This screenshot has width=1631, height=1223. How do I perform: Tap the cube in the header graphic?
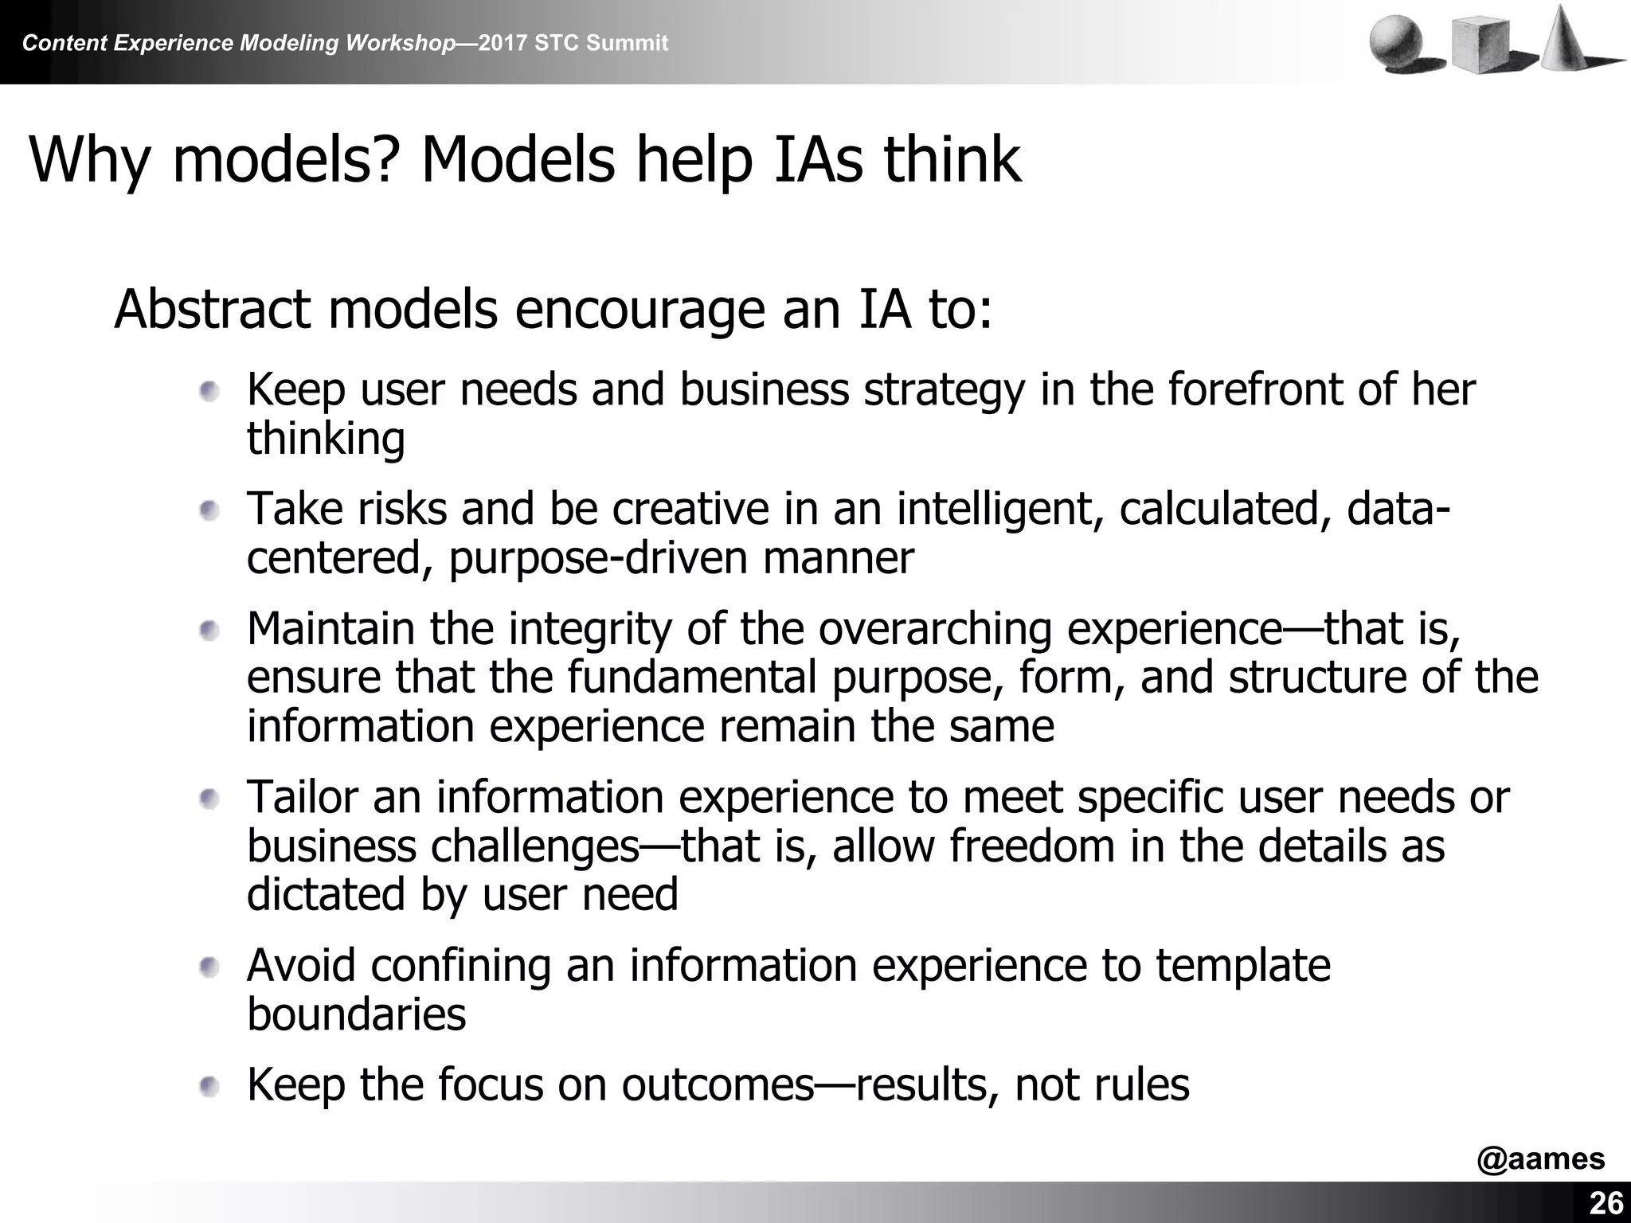(1480, 46)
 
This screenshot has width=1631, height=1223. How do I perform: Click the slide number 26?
(1606, 1203)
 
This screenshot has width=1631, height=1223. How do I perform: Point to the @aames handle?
(1540, 1159)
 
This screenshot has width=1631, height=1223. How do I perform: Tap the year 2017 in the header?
(503, 43)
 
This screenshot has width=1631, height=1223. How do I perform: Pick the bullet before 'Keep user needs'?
(209, 392)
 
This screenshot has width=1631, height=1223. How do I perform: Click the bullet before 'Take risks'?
(209, 510)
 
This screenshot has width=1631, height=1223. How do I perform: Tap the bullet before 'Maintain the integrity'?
(209, 631)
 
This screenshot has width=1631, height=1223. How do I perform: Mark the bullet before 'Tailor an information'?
(209, 799)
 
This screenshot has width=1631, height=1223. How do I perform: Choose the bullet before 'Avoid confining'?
(209, 967)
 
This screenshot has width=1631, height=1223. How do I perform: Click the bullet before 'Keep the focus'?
(209, 1086)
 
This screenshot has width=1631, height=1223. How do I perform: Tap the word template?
(1242, 967)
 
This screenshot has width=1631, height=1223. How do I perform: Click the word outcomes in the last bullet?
(718, 1084)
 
